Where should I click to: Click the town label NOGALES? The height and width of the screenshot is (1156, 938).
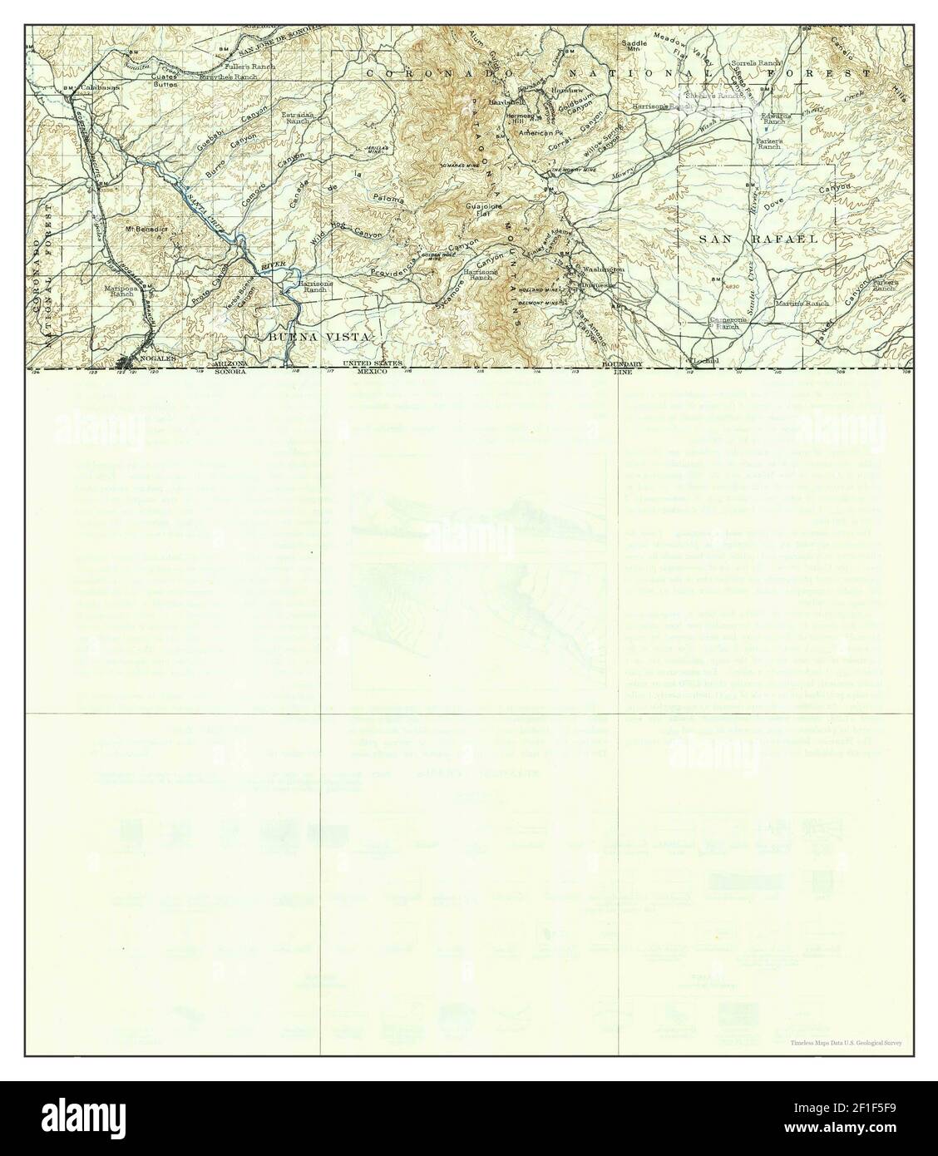point(151,358)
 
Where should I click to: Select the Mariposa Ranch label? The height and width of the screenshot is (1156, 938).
point(120,290)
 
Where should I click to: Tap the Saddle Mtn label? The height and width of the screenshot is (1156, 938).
point(634,46)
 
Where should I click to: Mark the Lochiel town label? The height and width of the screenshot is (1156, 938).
point(705,360)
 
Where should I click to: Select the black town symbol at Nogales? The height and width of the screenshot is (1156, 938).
point(127,361)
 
